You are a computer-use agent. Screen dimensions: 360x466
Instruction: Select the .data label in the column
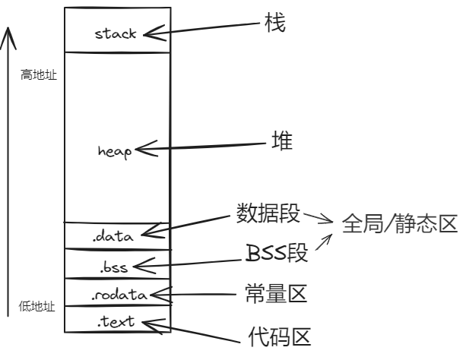114,236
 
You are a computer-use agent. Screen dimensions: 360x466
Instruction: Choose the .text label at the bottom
116,321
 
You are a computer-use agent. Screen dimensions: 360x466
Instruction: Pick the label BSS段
277,253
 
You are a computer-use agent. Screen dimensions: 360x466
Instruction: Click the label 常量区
276,292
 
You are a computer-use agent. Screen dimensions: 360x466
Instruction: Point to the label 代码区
280,335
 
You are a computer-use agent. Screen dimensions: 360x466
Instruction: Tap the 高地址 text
37,76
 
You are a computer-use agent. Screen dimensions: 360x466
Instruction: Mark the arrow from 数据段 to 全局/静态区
318,219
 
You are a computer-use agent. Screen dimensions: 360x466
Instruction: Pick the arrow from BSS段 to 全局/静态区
324,243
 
